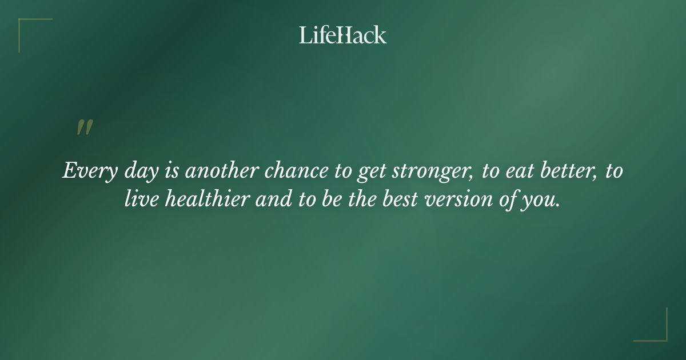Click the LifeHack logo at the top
tap(343, 35)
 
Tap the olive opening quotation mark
tap(85, 127)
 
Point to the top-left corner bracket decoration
tap(29, 29)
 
